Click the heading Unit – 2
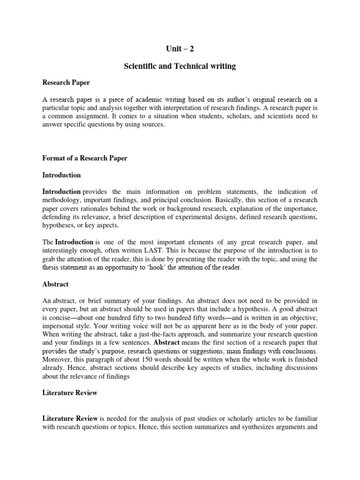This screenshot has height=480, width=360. (180, 48)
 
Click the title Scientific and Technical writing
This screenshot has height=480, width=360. (180, 66)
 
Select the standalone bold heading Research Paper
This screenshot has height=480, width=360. (66, 82)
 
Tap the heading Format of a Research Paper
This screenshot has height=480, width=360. (85, 158)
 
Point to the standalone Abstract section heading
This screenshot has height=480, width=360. (55, 284)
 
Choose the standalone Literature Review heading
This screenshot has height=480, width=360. (70, 380)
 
